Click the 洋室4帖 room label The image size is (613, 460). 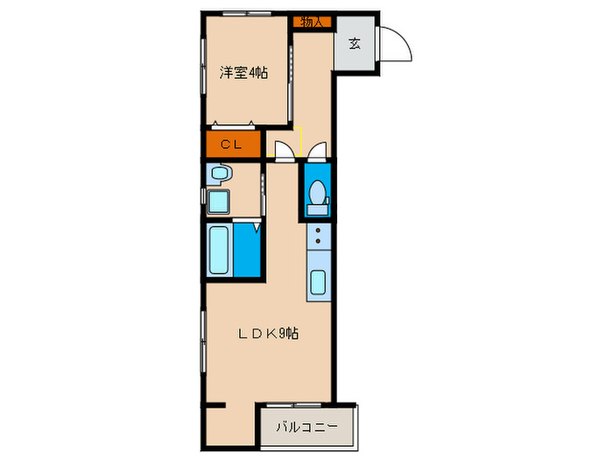tap(243, 73)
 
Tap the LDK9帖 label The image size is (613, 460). tap(271, 333)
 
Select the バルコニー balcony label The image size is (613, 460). tap(306, 428)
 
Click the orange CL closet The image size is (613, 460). tap(233, 145)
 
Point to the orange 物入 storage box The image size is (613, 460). tap(312, 22)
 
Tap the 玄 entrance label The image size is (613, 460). tap(355, 44)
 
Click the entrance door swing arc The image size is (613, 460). tap(397, 44)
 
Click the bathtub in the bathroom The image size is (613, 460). tap(220, 252)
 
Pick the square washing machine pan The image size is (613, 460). tap(219, 203)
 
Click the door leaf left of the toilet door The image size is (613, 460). tap(284, 151)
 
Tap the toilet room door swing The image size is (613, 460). tap(317, 151)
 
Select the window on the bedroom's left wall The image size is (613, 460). tap(204, 66)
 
